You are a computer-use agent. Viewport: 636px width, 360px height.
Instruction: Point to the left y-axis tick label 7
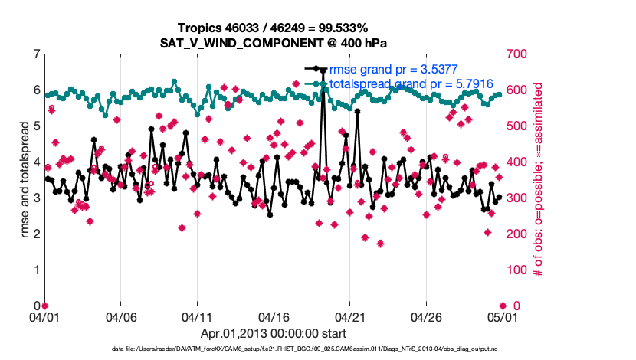point(37,54)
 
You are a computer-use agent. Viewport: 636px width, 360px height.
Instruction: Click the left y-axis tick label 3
point(37,198)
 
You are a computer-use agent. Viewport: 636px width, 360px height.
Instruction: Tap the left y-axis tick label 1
point(37,270)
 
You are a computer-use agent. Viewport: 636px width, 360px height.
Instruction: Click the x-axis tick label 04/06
point(121,317)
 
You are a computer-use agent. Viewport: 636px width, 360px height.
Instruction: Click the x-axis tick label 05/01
point(502,317)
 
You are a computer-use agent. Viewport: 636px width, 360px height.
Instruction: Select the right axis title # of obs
point(538,180)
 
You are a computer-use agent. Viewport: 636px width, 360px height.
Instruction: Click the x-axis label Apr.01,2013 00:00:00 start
point(274,333)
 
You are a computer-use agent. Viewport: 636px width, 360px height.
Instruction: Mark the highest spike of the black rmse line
point(323,70)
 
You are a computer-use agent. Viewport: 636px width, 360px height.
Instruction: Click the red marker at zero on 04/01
point(44,306)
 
